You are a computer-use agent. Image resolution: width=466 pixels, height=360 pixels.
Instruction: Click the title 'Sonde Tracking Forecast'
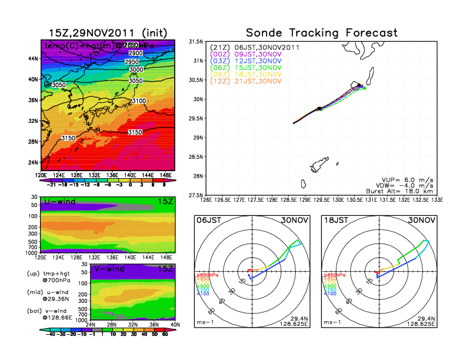[x=321, y=33]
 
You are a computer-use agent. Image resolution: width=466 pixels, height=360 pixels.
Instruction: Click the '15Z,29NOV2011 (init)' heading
[x=107, y=33]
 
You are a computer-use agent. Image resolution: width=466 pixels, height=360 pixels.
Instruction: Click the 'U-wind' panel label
[x=59, y=202]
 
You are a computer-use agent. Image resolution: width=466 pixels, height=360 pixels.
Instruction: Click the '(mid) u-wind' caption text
[x=48, y=292]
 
